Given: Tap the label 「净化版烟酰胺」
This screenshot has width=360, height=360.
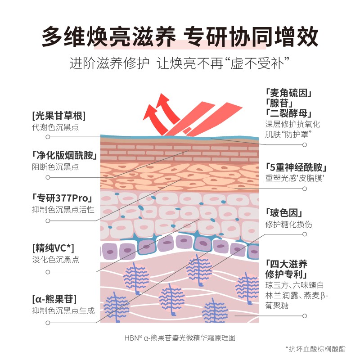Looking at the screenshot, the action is pyautogui.click(x=65, y=156).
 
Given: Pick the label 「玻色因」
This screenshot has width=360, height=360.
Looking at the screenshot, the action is pyautogui.click(x=283, y=213).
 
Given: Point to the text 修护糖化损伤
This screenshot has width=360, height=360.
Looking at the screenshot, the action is pyautogui.click(x=288, y=224).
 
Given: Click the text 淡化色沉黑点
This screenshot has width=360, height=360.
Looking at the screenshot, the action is pyautogui.click(x=55, y=260).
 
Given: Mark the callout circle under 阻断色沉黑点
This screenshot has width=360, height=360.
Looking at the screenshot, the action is pyautogui.click(x=48, y=177).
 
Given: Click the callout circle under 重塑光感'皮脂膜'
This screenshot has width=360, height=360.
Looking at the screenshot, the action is pyautogui.click(x=305, y=189).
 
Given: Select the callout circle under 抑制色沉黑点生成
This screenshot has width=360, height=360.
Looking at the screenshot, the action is pyautogui.click(x=48, y=322).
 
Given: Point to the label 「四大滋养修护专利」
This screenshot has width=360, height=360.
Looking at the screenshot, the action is pyautogui.click(x=287, y=269).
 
